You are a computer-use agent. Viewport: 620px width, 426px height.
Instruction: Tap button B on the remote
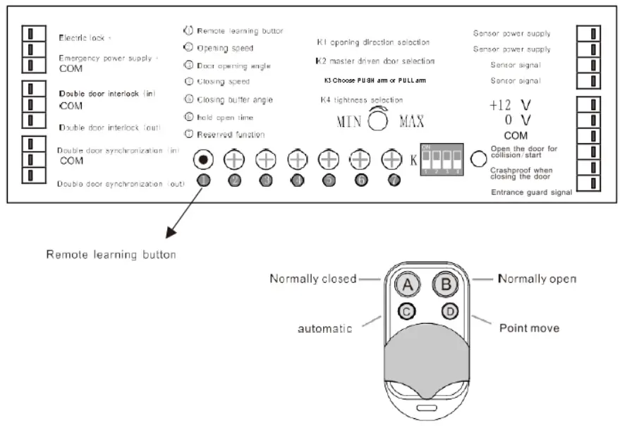tap(444, 285)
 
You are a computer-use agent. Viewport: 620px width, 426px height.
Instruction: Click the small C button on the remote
tap(408, 310)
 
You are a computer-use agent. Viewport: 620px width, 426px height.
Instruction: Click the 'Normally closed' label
tap(312, 279)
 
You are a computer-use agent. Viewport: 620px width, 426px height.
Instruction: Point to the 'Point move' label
tap(529, 328)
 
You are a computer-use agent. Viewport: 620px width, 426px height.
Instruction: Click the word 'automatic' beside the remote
tap(324, 329)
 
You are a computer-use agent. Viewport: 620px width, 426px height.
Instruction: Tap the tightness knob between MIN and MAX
tap(378, 120)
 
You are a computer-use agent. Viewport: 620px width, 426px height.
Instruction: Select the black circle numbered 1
tap(203, 181)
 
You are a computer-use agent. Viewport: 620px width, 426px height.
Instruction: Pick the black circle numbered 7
tap(393, 181)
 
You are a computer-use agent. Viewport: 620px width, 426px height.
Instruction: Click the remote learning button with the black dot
tap(203, 159)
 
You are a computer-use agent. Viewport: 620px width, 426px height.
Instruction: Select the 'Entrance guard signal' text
tap(530, 192)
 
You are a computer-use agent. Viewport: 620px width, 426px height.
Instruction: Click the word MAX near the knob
tap(412, 121)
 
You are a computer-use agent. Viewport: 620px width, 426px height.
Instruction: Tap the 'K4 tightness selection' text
tap(361, 100)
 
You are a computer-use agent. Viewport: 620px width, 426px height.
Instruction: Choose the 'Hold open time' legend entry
tap(224, 117)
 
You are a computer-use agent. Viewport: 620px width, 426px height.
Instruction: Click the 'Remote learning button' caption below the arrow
tap(111, 255)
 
